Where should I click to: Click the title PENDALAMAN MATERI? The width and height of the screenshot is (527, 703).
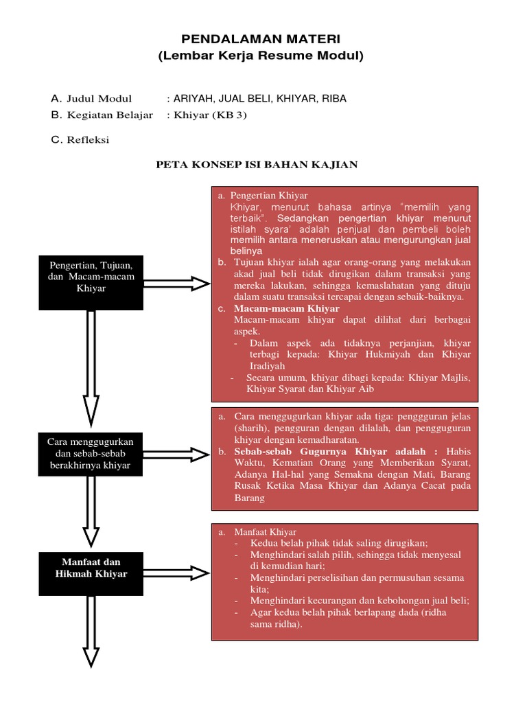tap(261, 41)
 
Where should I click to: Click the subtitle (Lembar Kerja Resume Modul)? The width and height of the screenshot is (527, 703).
tap(261, 56)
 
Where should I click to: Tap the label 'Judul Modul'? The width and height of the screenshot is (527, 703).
tap(99, 99)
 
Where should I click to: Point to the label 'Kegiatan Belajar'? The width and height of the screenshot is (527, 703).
tap(110, 115)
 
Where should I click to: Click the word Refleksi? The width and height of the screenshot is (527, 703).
tap(88, 140)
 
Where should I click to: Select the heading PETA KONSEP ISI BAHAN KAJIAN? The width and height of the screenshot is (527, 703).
tap(257, 165)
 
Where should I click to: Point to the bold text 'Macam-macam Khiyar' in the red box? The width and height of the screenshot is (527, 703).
tap(286, 309)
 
